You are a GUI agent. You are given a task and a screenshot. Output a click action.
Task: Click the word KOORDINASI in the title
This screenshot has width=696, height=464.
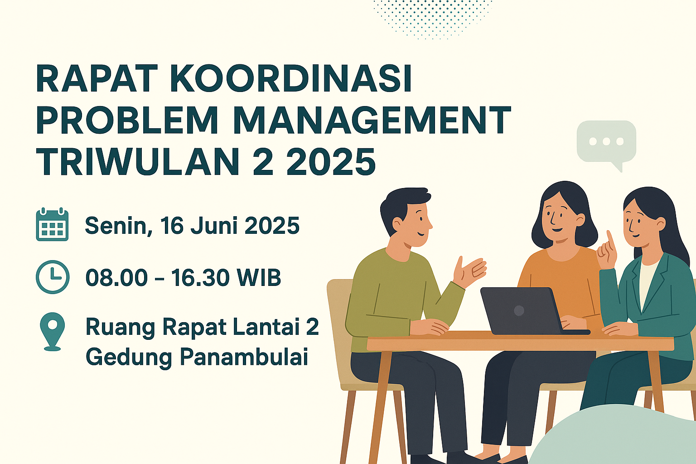pos(291,78)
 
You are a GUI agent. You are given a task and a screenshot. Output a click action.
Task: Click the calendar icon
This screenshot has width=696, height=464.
pos(52,224)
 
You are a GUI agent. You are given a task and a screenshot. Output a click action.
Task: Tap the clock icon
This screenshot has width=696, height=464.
pos(53,277)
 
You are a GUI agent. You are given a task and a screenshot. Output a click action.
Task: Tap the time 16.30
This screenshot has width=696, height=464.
pos(200,277)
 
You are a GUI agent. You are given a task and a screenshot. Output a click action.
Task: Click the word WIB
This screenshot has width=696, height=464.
pos(259,277)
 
